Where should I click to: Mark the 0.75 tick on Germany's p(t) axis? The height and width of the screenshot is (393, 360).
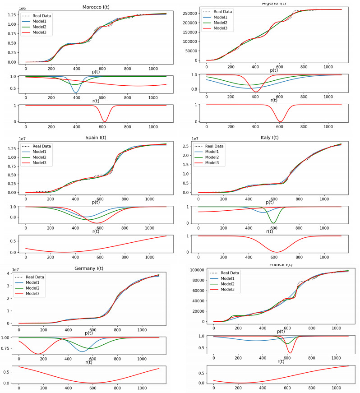(9, 348)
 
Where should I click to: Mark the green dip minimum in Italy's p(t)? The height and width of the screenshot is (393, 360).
(273, 223)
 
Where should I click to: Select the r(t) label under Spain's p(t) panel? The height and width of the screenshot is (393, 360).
(96, 231)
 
